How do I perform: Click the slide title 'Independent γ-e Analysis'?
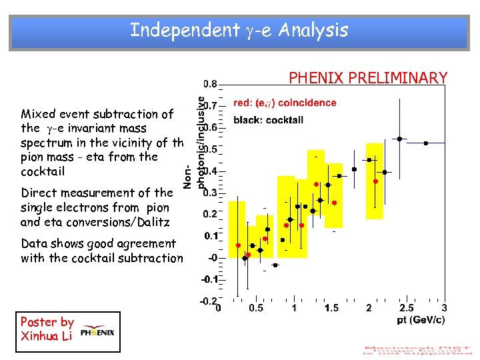239,30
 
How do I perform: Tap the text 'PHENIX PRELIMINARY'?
367,78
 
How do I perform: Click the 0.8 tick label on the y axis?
209,84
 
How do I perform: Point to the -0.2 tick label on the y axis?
209,301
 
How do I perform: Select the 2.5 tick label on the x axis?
406,308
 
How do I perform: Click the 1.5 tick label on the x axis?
331,308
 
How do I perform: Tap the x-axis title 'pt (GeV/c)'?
418,319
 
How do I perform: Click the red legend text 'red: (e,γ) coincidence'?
285,103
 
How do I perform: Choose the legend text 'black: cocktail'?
269,120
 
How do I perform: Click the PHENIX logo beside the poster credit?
97,332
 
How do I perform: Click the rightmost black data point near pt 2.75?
425,143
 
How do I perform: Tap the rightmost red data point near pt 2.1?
375,181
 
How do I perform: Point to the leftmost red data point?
237,245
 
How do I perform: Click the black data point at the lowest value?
275,265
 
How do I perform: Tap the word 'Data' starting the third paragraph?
34,243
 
